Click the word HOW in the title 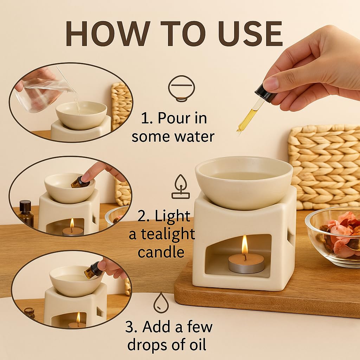(x=108, y=34)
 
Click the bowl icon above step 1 (x=182, y=88)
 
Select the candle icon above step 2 (x=181, y=187)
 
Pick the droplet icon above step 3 (x=161, y=303)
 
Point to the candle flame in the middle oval (x=72, y=223)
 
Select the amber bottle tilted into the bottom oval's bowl (x=92, y=269)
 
